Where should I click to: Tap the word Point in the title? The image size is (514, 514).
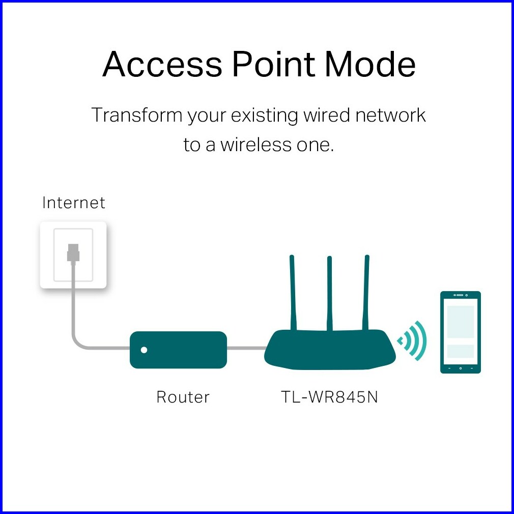[x=273, y=65]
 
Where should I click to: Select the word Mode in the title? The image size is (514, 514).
[x=370, y=65]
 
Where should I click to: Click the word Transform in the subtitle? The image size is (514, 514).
[x=136, y=116]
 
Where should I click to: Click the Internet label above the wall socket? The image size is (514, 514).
[x=74, y=203]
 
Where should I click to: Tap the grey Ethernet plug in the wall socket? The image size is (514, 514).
[x=73, y=252]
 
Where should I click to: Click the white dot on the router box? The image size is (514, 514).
[x=144, y=350]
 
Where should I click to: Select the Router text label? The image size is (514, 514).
[x=183, y=397]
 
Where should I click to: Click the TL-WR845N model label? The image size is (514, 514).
[x=330, y=397]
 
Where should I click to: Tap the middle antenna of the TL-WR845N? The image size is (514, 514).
[x=330, y=293]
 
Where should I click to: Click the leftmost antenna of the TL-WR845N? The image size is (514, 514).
[x=293, y=293]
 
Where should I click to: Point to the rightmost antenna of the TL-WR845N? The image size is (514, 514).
[x=366, y=293]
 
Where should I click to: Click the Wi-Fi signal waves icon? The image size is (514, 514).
[x=413, y=340]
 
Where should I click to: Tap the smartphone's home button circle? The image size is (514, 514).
[x=461, y=367]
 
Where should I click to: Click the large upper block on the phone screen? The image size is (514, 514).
[x=460, y=321]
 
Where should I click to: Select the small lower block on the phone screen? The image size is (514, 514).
[x=460, y=351]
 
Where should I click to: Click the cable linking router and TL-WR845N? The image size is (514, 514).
[x=246, y=349]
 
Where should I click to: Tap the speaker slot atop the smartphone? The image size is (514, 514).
[x=460, y=296]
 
